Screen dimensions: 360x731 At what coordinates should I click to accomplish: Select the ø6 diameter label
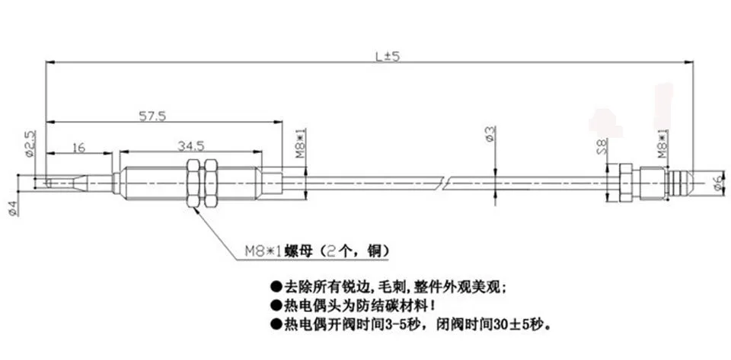pos(717,182)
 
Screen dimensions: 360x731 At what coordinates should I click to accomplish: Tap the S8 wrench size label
pos(600,145)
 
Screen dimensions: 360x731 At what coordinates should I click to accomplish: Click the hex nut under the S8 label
pos(624,183)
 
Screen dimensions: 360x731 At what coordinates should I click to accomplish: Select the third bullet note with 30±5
pos(410,325)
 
